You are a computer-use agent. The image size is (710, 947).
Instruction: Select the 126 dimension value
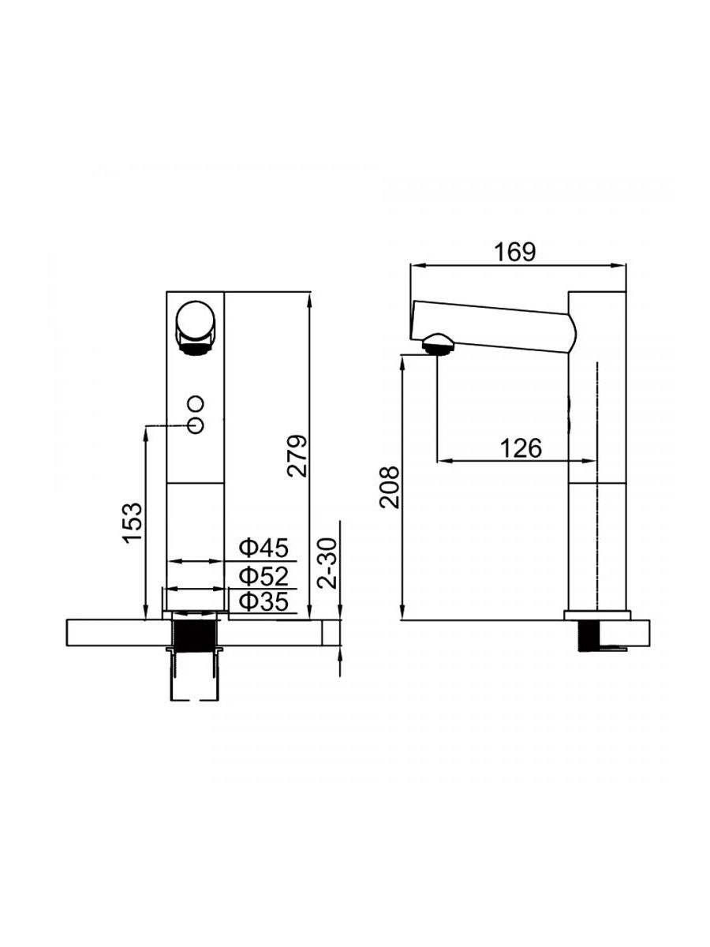[x=521, y=448]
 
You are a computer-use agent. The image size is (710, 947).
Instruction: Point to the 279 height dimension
[x=297, y=456]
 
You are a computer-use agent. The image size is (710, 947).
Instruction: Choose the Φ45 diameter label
[x=263, y=548]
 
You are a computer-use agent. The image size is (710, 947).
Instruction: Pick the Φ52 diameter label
[x=263, y=575]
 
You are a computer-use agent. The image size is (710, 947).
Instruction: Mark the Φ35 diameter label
[x=263, y=601]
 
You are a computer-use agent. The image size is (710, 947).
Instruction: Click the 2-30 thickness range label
[x=327, y=563]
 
